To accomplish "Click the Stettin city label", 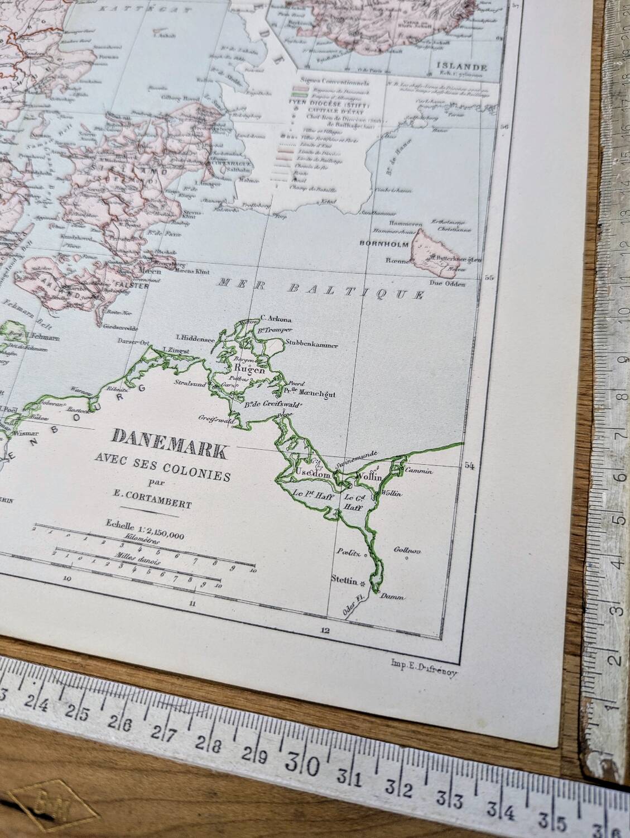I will [x=344, y=581].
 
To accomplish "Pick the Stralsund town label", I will [x=189, y=384].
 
